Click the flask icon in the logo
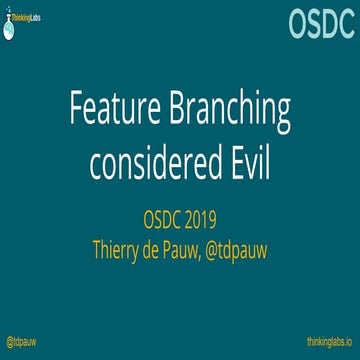pyautogui.click(x=11, y=25)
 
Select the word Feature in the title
pyautogui.click(x=111, y=113)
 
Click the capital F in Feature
pyautogui.click(x=73, y=113)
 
